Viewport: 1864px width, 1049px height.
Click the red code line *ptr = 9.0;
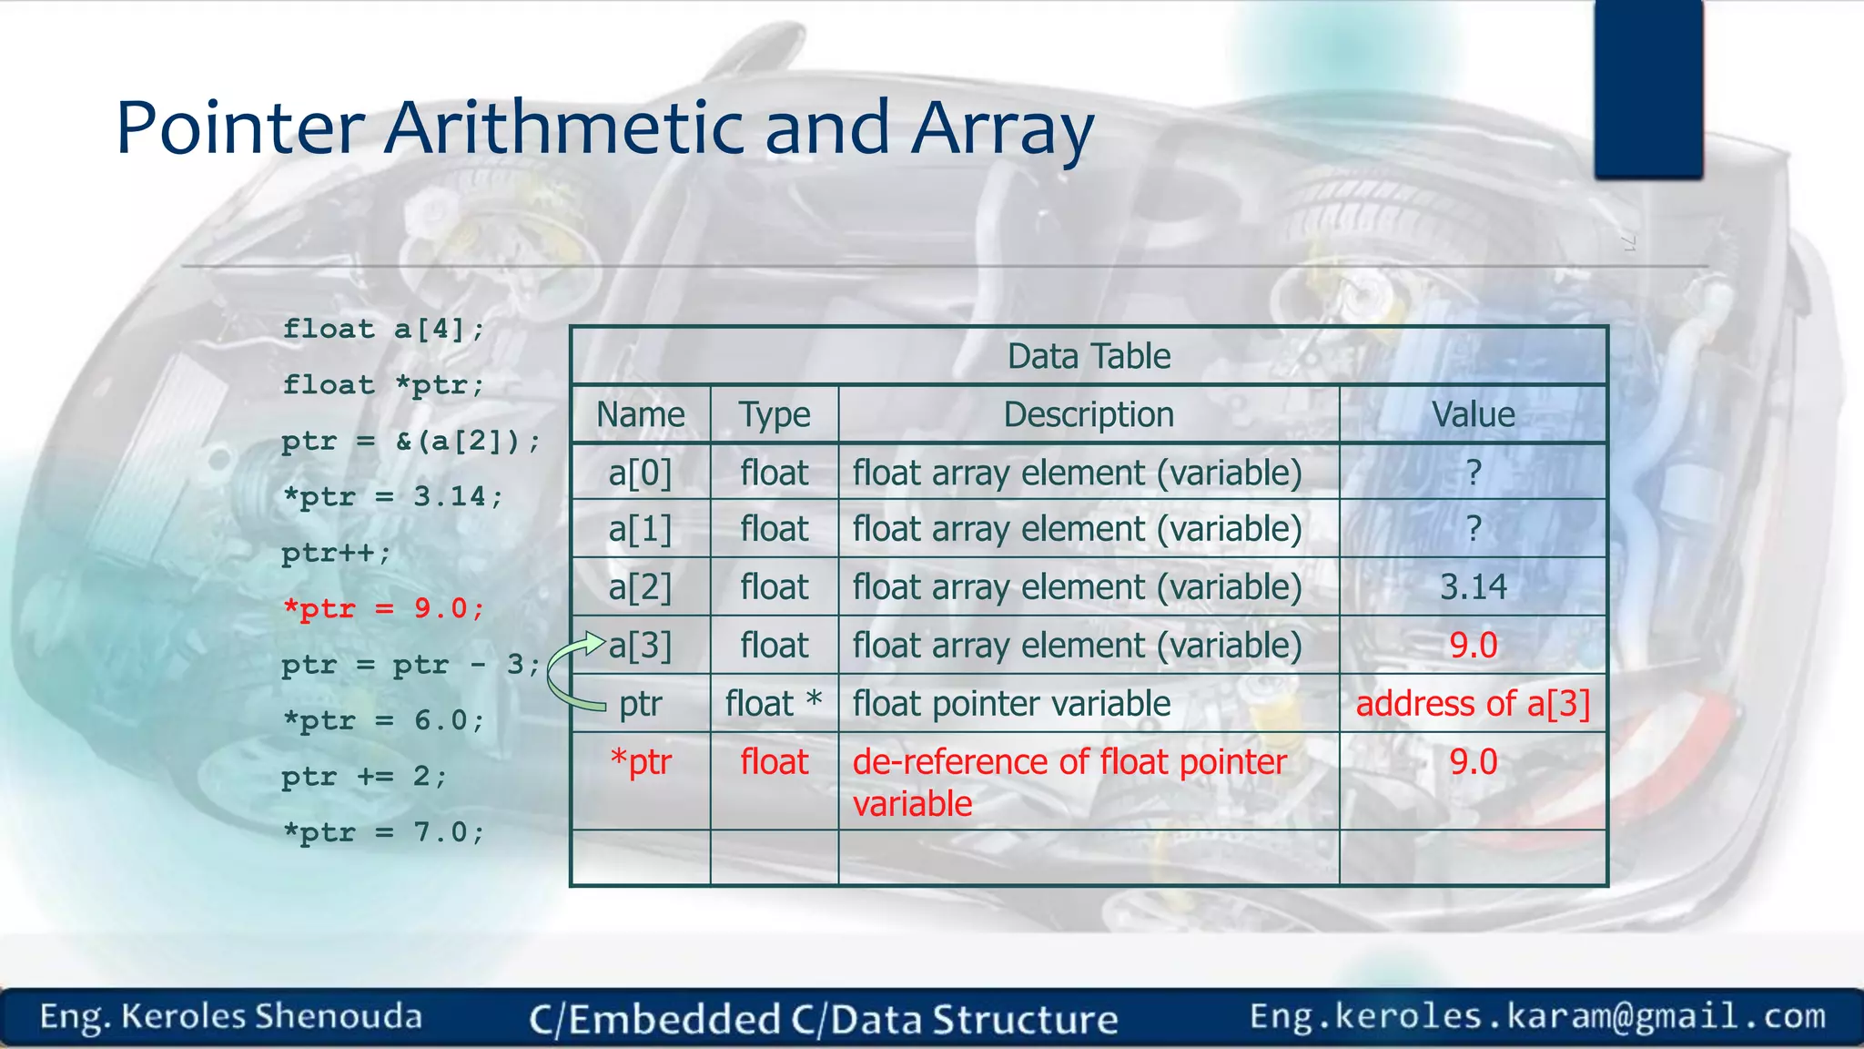[383, 608]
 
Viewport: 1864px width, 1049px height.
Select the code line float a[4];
[383, 329]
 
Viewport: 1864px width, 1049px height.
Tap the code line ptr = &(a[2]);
[410, 442]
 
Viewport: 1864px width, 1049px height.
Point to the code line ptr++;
[336, 553]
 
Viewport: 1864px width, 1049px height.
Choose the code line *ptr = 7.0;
[383, 832]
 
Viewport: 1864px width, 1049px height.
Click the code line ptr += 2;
[364, 777]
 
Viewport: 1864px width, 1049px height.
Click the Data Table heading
[1089, 356]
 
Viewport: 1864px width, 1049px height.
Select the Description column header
[1089, 415]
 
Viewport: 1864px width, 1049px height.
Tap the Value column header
[1473, 415]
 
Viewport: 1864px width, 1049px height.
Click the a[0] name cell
[640, 473]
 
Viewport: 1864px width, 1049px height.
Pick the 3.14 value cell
[1473, 587]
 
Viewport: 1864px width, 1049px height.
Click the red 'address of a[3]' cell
[1473, 704]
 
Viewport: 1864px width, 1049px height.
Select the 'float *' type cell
[774, 704]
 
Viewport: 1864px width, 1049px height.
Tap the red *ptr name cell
[640, 762]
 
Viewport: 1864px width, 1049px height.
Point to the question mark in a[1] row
[1474, 529]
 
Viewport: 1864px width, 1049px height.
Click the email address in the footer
[1537, 1016]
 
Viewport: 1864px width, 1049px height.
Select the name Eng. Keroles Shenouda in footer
[231, 1016]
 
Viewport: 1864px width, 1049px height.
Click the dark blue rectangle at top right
[1648, 88]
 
